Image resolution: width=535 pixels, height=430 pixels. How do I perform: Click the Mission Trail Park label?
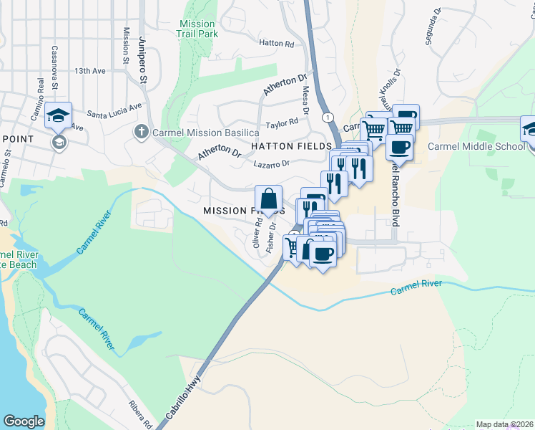pyautogui.click(x=198, y=28)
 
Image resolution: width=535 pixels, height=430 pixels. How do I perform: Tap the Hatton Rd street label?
pyautogui.click(x=276, y=44)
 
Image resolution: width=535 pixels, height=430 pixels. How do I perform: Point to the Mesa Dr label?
pyautogui.click(x=305, y=100)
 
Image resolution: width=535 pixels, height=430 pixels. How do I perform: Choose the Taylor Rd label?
pyautogui.click(x=281, y=123)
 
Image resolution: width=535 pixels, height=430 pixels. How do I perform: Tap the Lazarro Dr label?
pyautogui.click(x=271, y=163)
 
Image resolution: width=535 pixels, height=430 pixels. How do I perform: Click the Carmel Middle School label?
pyautogui.click(x=476, y=146)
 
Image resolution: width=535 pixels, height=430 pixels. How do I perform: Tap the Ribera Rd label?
pyautogui.click(x=142, y=414)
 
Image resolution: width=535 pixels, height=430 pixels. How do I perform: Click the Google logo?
pyautogui.click(x=24, y=421)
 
